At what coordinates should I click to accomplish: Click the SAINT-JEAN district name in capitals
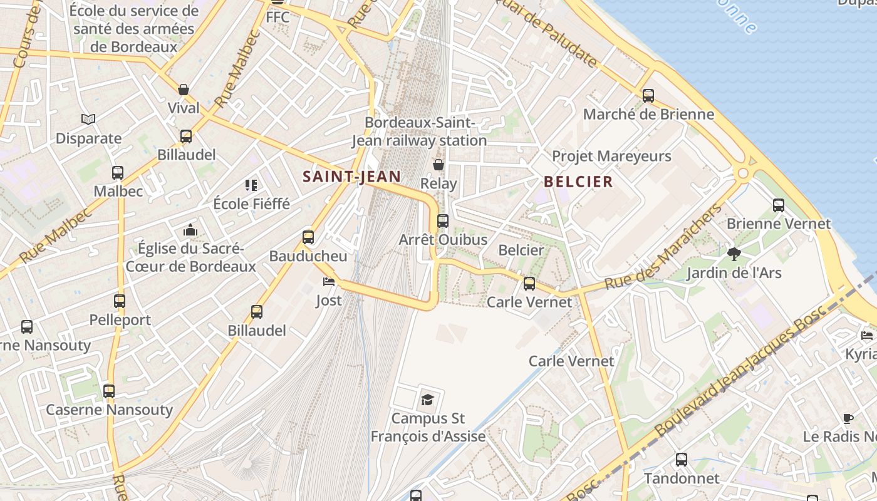coord(351,177)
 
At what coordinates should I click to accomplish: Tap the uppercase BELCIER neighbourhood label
coord(578,182)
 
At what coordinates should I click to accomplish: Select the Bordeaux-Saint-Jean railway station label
coord(420,132)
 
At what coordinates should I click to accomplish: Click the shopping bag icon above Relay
coord(438,165)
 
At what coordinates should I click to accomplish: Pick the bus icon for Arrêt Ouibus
coord(443,220)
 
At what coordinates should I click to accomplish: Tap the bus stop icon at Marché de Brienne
coord(648,96)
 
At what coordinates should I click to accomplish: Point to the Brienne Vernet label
coord(779,224)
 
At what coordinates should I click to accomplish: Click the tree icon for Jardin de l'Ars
coord(734,254)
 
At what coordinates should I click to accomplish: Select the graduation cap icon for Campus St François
coord(427,400)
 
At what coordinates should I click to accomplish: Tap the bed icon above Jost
coord(329,281)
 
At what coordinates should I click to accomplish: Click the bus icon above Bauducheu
coord(308,237)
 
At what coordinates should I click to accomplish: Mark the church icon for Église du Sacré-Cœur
coord(190,230)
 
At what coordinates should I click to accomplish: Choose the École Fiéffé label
coord(252,204)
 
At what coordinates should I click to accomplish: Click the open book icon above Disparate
coord(88,119)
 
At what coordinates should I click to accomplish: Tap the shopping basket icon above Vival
coord(184,90)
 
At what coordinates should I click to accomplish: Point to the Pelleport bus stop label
coord(120,320)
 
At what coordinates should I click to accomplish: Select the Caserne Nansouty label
coord(109,410)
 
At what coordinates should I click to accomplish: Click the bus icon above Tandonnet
coord(682,460)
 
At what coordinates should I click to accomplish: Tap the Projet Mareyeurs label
coord(611,156)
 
